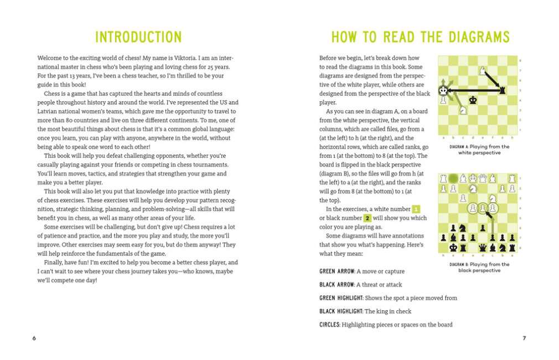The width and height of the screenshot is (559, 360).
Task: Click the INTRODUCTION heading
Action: point(138,37)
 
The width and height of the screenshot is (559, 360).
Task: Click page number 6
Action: point(34,338)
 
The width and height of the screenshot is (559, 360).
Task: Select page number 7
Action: point(524,338)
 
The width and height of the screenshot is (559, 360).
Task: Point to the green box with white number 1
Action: point(416,209)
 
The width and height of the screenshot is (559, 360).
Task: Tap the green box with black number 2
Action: point(366,218)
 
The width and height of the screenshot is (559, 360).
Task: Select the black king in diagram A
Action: point(473,100)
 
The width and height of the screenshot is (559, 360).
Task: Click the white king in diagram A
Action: point(443,90)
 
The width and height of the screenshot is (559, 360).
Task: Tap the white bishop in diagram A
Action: point(483,70)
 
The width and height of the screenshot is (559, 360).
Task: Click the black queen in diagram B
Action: point(483,248)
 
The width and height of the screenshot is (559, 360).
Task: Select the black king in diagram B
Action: point(453,248)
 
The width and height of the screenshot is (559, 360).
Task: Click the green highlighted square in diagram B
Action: point(453,178)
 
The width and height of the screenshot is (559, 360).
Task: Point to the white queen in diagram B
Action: point(483,178)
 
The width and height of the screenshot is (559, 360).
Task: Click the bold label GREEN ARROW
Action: point(337,271)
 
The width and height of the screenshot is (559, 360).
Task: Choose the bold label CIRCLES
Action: point(329,325)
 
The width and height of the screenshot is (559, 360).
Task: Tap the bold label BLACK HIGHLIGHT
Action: point(341,311)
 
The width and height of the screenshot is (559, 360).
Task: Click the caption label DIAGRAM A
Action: point(459,147)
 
